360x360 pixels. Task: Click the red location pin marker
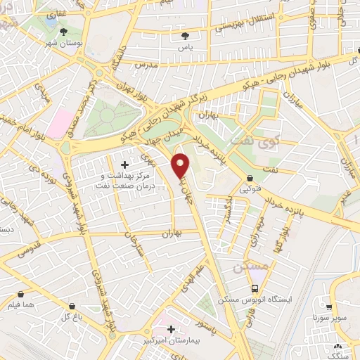point(181,165)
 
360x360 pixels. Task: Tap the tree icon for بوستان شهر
point(64,32)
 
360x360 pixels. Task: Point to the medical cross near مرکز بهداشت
point(125,165)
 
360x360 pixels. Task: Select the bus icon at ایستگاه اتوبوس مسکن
point(255,288)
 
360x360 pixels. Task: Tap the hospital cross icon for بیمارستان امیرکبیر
point(172,328)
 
